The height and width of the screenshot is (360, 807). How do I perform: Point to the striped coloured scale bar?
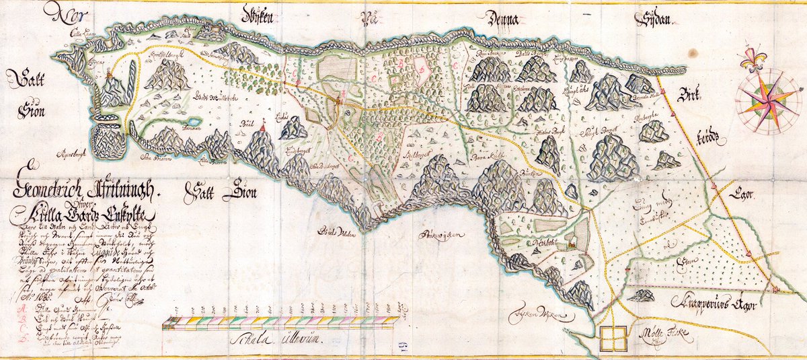pyautogui.click(x=282, y=325)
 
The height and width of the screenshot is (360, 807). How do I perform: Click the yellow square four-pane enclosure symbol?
pyautogui.click(x=612, y=338)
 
